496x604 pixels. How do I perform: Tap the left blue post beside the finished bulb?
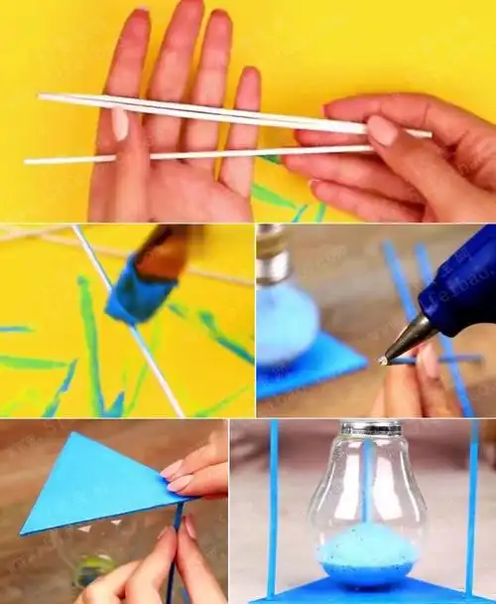(273, 507)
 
